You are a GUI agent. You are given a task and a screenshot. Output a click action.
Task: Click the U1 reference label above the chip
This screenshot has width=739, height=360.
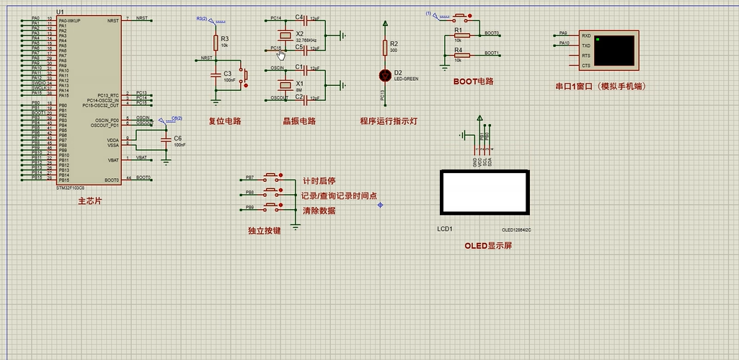click(x=59, y=12)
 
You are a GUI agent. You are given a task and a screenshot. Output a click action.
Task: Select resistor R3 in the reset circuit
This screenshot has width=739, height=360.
click(x=215, y=43)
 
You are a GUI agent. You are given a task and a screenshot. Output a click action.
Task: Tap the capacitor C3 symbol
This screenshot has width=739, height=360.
click(x=215, y=74)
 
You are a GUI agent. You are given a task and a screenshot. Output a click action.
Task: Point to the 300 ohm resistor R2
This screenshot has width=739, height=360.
click(x=384, y=48)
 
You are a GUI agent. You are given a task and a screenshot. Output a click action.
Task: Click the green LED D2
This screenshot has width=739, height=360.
click(x=384, y=75)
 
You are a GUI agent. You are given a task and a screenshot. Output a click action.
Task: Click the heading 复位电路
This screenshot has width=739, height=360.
click(x=226, y=121)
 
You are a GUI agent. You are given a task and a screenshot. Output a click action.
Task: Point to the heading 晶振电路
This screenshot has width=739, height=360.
click(x=299, y=121)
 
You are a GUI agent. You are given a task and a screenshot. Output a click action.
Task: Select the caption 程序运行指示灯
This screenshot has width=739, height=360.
click(x=389, y=121)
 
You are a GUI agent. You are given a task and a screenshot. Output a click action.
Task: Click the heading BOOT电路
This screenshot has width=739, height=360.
click(x=473, y=82)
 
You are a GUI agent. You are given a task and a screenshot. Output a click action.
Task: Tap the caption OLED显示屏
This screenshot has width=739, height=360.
click(x=488, y=245)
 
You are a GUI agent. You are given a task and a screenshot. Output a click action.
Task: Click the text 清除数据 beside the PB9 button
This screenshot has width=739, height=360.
click(x=319, y=211)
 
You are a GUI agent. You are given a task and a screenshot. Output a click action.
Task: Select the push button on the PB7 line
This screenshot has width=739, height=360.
click(x=272, y=176)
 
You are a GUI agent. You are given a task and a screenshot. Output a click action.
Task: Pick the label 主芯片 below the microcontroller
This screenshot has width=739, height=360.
click(x=90, y=201)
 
